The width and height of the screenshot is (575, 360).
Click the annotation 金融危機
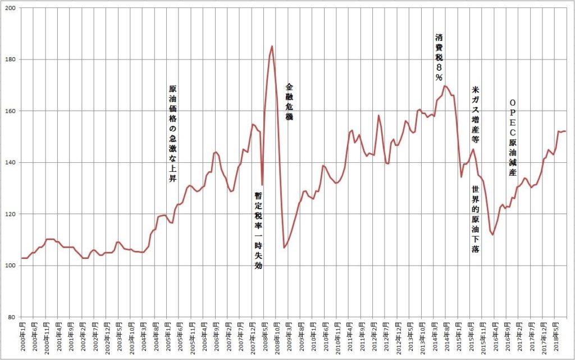tap(289, 102)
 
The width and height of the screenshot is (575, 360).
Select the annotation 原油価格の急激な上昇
tap(172, 134)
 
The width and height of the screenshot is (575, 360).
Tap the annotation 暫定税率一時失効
tap(258, 231)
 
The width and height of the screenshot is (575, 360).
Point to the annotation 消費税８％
tap(439, 57)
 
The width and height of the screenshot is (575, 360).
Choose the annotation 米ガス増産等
tap(475, 115)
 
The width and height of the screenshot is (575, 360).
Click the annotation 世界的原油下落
tap(475, 219)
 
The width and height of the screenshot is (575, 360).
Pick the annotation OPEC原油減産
tap(513, 137)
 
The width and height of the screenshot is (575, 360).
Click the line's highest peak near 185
tap(272, 46)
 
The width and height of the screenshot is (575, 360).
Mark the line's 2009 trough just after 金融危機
tap(284, 248)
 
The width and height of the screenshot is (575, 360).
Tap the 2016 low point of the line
tap(493, 235)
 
